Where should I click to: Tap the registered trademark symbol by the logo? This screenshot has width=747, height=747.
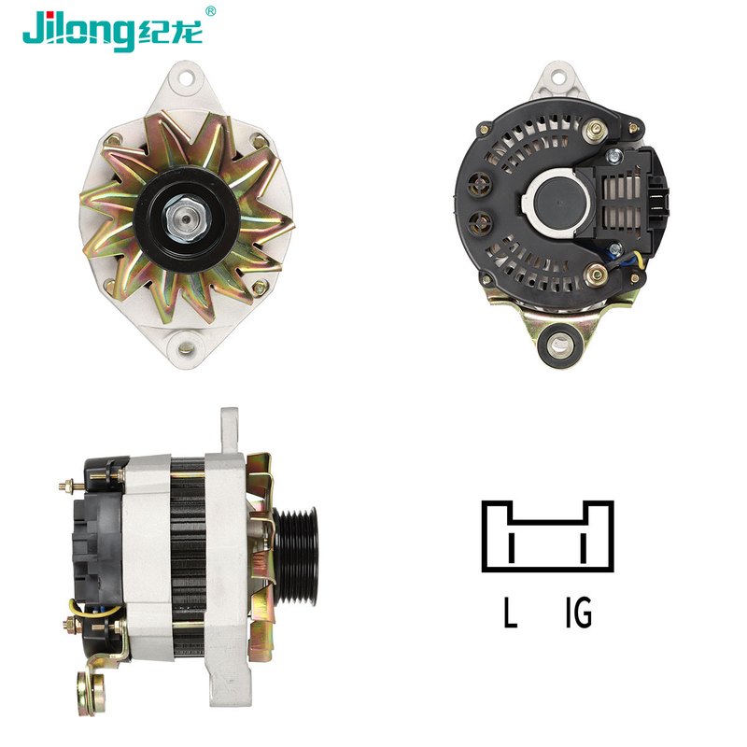210,11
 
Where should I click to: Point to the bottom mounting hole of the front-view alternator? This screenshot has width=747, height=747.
186,347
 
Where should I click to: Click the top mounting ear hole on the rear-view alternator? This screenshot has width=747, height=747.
560,77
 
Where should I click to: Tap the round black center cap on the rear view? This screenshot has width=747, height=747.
559,203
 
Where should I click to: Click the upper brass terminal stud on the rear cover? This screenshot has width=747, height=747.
596,130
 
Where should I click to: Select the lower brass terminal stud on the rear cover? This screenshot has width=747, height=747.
596,275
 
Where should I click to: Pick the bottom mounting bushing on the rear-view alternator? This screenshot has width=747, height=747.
560,344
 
